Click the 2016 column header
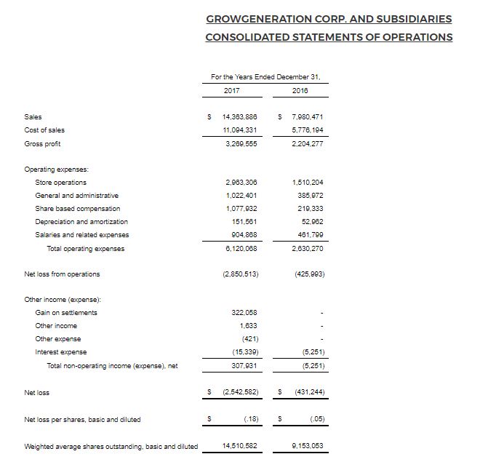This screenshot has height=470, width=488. pos(300,91)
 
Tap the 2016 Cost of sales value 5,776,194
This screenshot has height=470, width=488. pos(307,130)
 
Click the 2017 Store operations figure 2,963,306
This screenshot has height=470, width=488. pos(241,182)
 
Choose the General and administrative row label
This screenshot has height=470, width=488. pos(76,196)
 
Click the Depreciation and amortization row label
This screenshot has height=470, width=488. pos(81,222)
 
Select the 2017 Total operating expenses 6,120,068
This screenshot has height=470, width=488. pos(241,249)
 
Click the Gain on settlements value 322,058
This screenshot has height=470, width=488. pos(244,313)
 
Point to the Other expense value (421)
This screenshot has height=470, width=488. pos(247,339)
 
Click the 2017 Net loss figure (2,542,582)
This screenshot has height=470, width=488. pos(239,393)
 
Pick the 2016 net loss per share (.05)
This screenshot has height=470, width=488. pos(316,420)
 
